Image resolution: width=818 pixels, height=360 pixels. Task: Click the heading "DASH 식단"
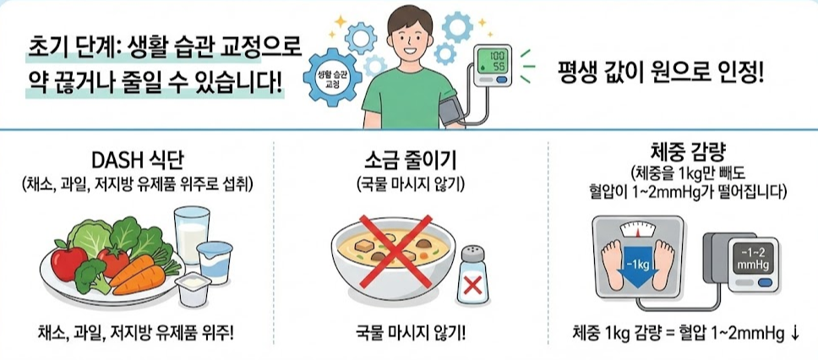coord(136,161)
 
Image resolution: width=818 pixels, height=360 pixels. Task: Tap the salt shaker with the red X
coord(472,275)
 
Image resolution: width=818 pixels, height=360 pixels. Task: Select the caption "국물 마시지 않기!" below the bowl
coord(410,332)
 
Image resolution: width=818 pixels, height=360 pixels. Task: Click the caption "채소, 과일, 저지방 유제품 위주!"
coord(137,332)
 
